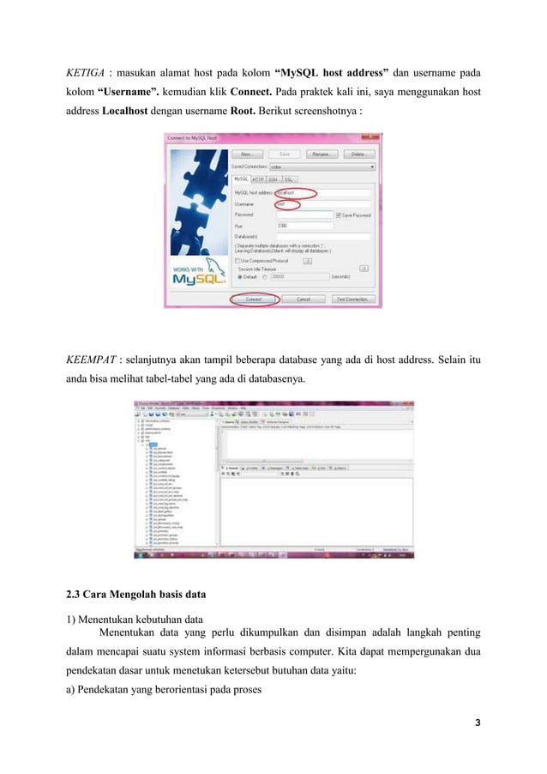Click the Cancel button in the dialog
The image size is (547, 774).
tap(303, 299)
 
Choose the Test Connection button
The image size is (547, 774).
tap(352, 299)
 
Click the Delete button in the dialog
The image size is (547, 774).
tap(358, 154)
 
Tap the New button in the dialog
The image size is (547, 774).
tap(247, 154)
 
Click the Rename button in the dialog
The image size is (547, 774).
tap(321, 154)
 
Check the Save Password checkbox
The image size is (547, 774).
tap(340, 215)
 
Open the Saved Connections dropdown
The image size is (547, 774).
tap(322, 166)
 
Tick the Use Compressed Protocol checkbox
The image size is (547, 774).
tap(237, 259)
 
